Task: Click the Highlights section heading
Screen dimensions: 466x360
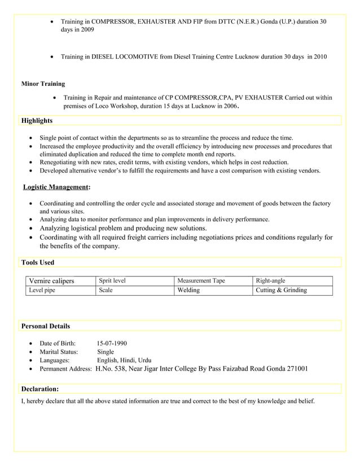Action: tap(37, 121)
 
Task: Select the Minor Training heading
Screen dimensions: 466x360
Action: tap(43, 84)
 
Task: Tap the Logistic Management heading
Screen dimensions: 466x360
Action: tap(56, 187)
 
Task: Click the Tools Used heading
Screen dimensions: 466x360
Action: tap(37, 262)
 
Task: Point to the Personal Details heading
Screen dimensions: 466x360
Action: tap(45, 326)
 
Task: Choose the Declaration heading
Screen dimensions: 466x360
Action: tap(39, 389)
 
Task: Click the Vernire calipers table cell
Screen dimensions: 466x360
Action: tap(51, 281)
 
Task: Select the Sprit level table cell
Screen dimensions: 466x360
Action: tap(112, 280)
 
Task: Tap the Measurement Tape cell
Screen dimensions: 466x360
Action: tap(201, 280)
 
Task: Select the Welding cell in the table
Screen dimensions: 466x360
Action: tap(188, 291)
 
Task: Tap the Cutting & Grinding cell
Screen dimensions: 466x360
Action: tap(281, 291)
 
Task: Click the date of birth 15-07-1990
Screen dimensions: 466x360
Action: tap(112, 343)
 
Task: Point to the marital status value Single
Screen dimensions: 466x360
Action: tap(106, 351)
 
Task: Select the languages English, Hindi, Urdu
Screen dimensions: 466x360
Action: tap(124, 360)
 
